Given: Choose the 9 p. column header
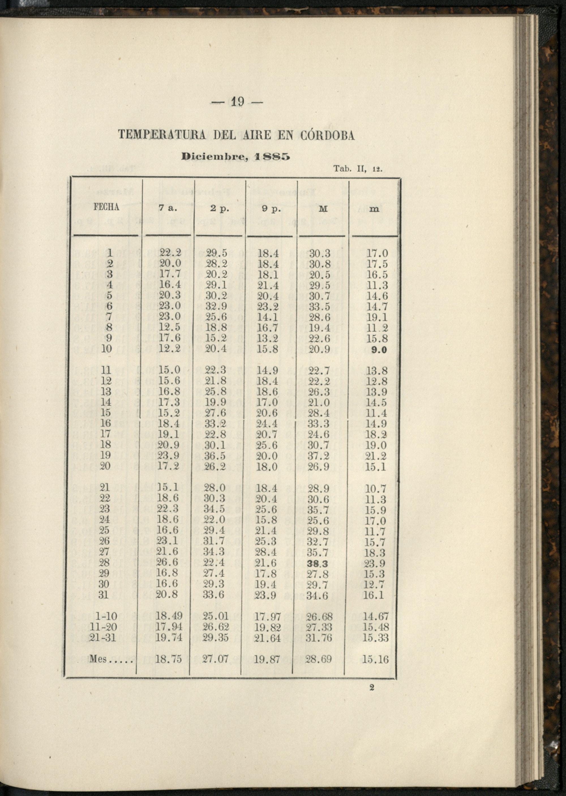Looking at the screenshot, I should [x=271, y=209].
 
